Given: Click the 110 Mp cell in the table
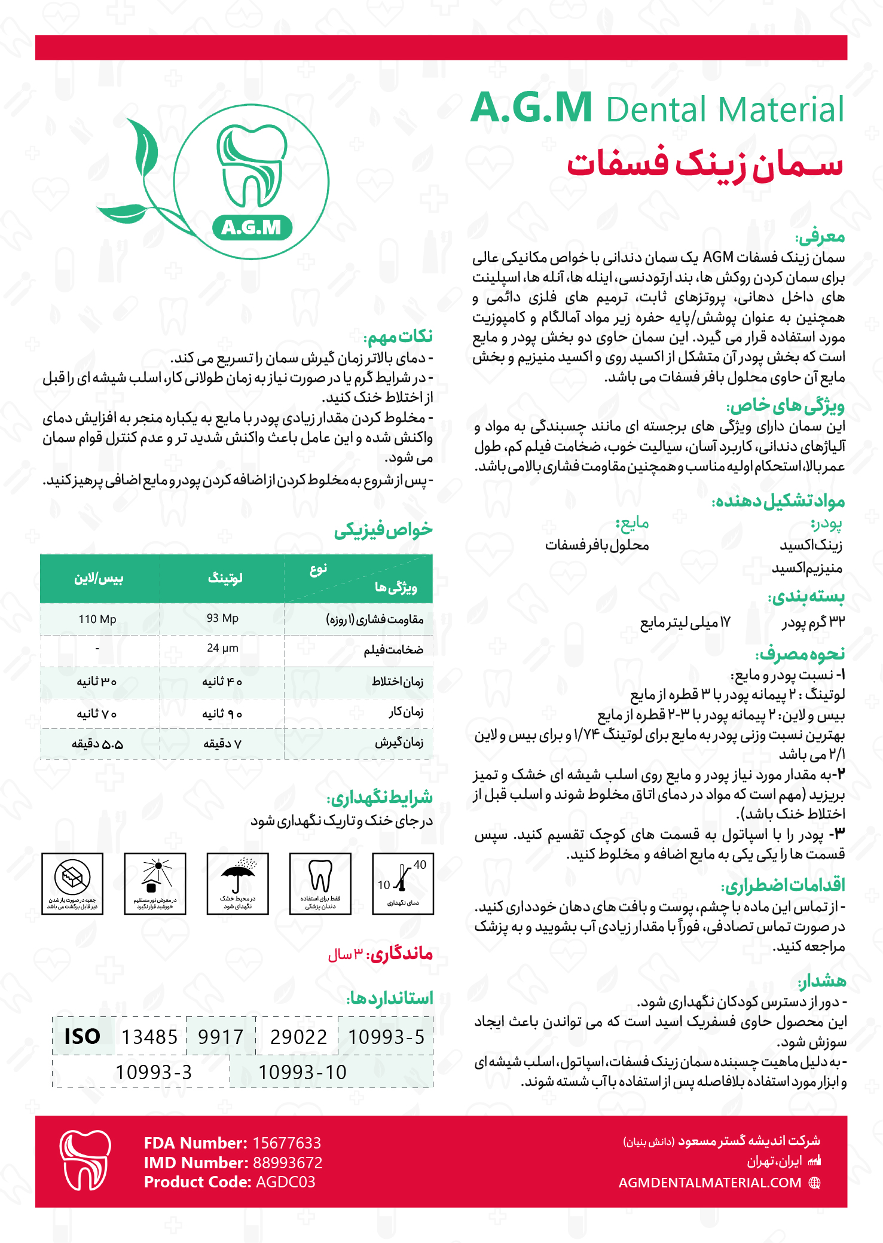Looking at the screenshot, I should pos(97,619).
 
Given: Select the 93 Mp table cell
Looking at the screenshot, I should pos(222,618).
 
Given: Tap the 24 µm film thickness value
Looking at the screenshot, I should pos(222,648).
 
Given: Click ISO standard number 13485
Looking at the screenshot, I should pos(149,1037).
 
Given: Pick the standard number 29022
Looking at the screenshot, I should pos(298,1037).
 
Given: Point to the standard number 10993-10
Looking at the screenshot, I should pos(303,1072).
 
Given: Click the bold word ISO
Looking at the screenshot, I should pos(82,1036).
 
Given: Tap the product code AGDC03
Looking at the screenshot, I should pos(285,1181).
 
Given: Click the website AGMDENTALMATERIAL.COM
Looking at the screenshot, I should pos(710,1183).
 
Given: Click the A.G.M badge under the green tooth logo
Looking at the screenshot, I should pos(252,227).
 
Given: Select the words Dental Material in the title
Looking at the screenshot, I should pos(725,109).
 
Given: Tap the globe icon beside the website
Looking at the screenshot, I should pos(814,1183).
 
